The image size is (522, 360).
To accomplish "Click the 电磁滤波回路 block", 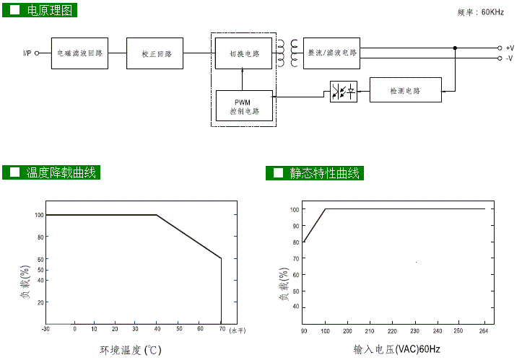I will coord(79,53).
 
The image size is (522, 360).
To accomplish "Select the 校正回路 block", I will coord(155,53).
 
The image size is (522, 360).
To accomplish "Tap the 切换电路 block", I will coord(243,53).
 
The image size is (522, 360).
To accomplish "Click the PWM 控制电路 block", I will coord(245,106).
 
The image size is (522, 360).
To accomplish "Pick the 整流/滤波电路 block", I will coord(331,53).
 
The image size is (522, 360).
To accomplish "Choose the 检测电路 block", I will coord(405,91).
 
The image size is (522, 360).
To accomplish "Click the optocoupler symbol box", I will coord(343,92).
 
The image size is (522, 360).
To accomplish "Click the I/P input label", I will coord(27,53).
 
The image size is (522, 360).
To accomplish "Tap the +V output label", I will coord(509,48).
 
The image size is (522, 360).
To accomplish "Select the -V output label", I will coord(509,58).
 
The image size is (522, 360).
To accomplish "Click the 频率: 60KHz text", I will coord(481,12).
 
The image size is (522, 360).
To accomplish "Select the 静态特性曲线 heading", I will coord(324,173).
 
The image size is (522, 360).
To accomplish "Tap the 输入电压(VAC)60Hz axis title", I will coord(396,350).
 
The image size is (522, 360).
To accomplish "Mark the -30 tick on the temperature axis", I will coord(45,328).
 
